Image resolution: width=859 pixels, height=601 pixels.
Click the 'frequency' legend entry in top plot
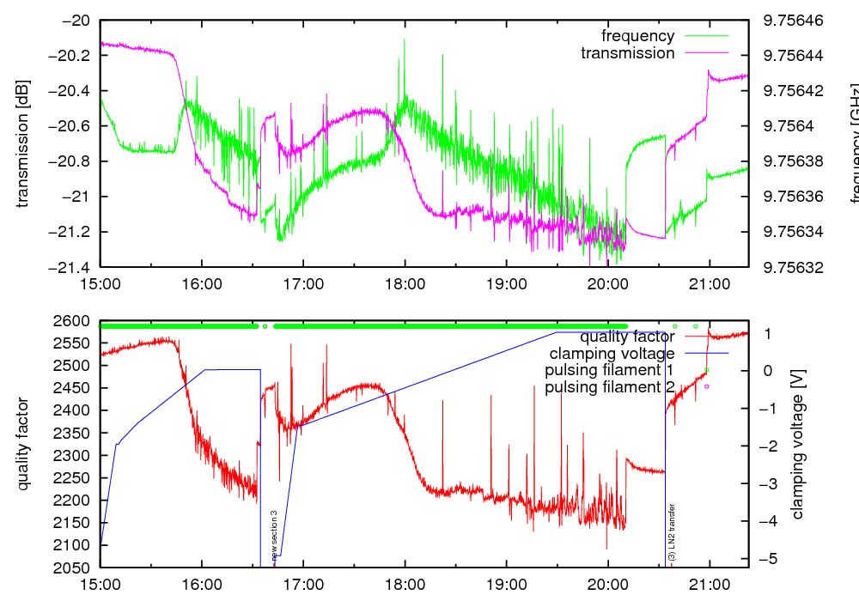click(637, 36)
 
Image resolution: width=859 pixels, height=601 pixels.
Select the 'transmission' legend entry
click(627, 53)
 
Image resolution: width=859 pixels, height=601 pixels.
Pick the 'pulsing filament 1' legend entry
click(609, 370)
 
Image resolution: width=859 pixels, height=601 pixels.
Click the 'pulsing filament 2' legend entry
click(609, 387)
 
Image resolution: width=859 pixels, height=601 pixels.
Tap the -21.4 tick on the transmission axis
click(73, 267)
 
